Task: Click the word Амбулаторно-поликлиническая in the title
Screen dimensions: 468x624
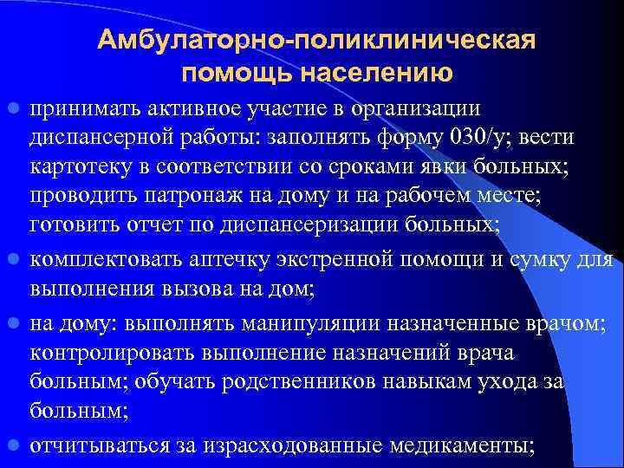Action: [317, 42]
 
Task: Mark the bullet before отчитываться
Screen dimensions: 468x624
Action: [15, 445]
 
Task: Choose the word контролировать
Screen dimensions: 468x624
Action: [116, 354]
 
